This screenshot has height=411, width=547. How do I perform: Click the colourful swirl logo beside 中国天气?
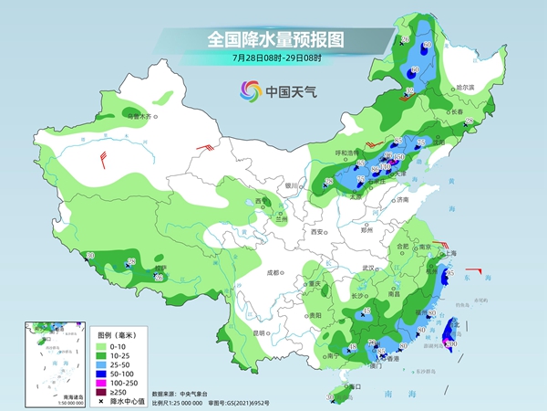[x=249, y=90]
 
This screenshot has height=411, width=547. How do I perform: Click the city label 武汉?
[x=368, y=268]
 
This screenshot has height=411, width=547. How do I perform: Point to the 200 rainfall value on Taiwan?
[x=450, y=342]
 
